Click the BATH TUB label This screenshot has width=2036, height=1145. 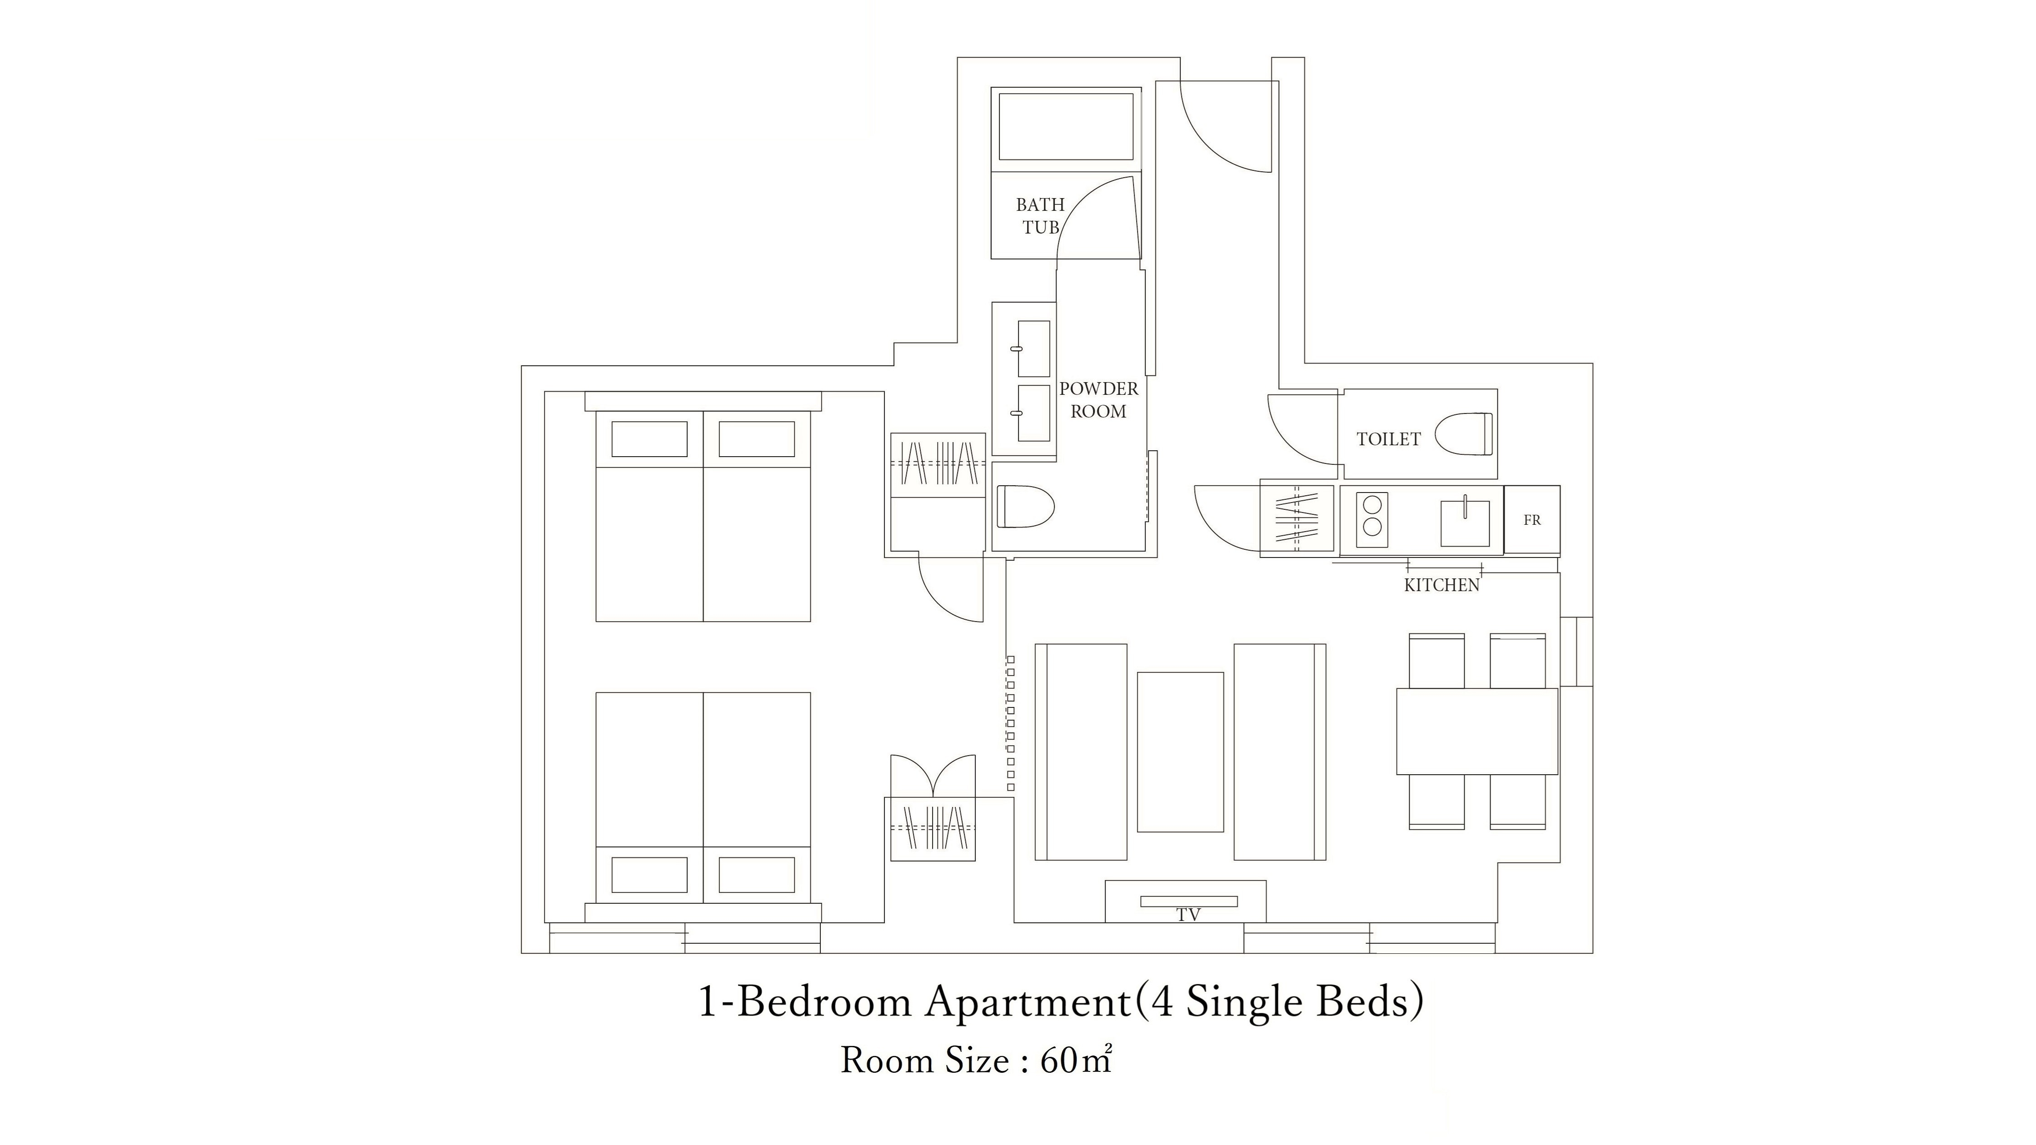tap(1040, 216)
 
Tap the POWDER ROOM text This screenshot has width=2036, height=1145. tap(1098, 400)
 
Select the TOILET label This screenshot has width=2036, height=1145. tap(1389, 439)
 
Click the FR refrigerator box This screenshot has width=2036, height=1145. tap(1532, 520)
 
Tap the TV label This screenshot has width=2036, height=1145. tap(1188, 915)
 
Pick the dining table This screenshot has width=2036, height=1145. tap(1477, 731)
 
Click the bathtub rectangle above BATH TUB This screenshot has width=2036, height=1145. tap(1066, 127)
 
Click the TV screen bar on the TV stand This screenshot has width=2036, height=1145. tap(1189, 901)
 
